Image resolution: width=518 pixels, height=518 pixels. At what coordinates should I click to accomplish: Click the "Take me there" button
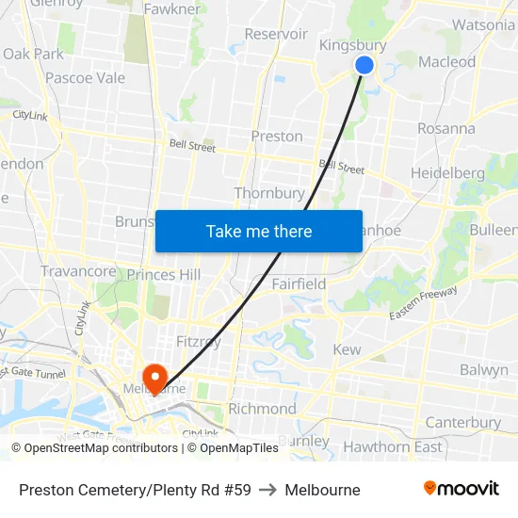tap(259, 231)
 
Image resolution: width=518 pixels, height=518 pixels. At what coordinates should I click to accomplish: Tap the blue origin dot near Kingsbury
tap(364, 65)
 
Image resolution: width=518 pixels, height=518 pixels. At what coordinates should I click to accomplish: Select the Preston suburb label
tap(277, 136)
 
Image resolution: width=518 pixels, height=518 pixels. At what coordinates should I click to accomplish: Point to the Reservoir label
tap(276, 34)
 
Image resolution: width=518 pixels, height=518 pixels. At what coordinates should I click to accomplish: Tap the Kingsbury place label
tap(353, 45)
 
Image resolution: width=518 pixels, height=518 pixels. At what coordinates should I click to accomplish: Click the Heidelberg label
tap(447, 173)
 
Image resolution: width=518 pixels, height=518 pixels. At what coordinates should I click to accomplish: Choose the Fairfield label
tap(299, 283)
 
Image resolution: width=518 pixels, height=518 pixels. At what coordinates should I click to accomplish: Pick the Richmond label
tap(262, 409)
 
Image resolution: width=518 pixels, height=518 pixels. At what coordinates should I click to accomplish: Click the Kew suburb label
tap(347, 349)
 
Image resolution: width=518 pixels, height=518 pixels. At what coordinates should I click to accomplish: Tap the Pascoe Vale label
tap(85, 78)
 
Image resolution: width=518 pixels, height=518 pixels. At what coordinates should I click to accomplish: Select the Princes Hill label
tap(164, 274)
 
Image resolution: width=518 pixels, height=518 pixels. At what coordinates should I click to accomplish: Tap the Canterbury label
tap(463, 422)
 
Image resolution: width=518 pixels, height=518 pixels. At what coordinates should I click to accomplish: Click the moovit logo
tap(461, 489)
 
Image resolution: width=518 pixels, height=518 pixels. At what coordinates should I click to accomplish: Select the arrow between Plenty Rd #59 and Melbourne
tap(267, 490)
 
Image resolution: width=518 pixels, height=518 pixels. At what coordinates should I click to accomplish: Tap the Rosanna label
tap(445, 128)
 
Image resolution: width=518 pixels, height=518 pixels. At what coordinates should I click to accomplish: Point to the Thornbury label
tap(269, 193)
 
